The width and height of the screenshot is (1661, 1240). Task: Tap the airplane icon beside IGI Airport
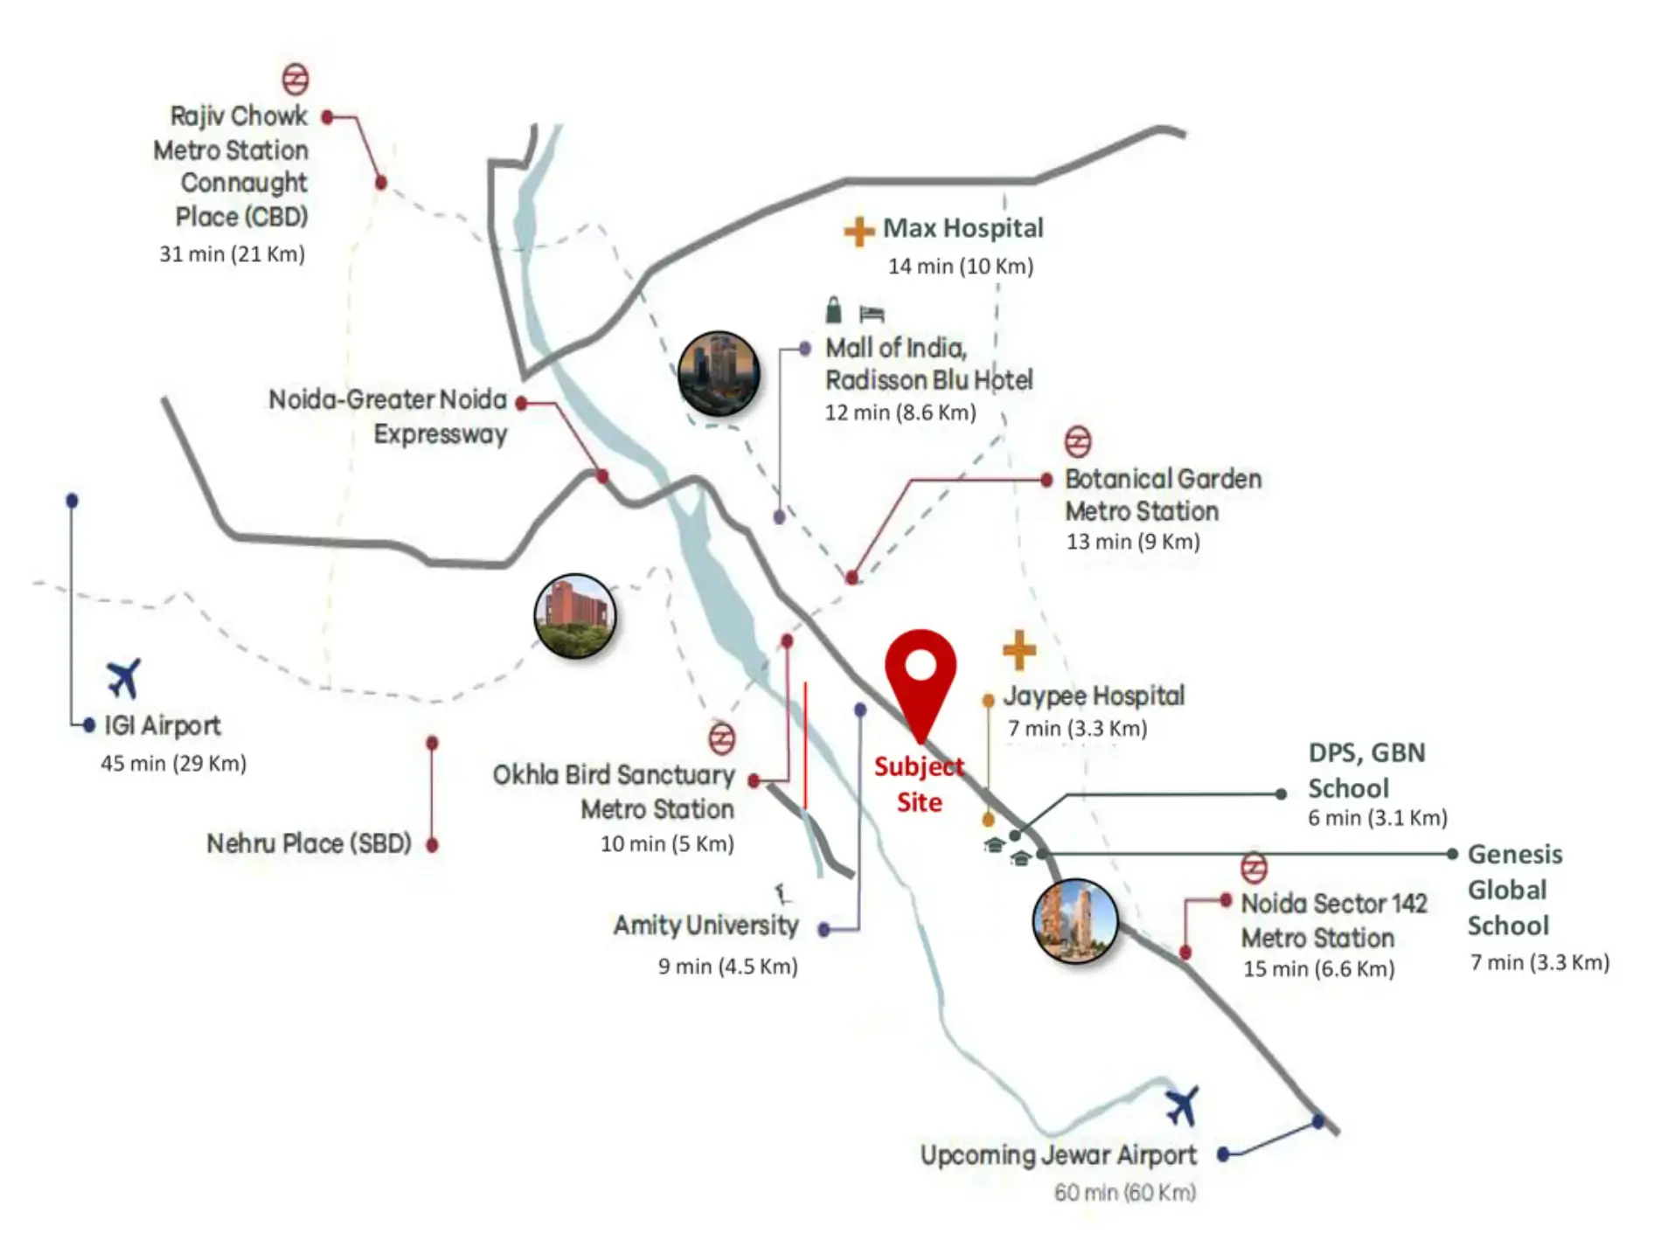124,678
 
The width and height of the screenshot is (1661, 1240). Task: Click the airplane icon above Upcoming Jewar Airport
1182,1105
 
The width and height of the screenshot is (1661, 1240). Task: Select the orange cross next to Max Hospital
858,231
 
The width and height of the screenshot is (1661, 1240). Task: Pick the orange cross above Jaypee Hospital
1018,650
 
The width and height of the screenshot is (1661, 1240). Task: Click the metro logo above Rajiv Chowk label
295,79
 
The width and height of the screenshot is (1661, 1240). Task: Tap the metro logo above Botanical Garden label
1077,441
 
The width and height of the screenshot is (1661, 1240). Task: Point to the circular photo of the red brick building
574,616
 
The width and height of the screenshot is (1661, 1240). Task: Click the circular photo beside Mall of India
719,373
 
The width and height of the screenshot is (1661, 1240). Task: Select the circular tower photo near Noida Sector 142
1074,921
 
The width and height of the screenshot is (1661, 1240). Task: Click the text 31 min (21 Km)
232,254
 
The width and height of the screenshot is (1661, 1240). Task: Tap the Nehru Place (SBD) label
309,843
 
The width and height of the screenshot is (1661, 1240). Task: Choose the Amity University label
705,925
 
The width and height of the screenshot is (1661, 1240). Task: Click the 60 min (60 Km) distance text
1124,1192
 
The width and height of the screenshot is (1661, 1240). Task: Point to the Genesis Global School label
1514,890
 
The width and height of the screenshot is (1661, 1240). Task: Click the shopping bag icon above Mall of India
834,310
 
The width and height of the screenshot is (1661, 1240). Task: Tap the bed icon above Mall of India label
872,314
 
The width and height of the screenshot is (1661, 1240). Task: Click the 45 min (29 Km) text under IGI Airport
173,763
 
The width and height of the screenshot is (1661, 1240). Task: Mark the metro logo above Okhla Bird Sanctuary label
721,738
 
